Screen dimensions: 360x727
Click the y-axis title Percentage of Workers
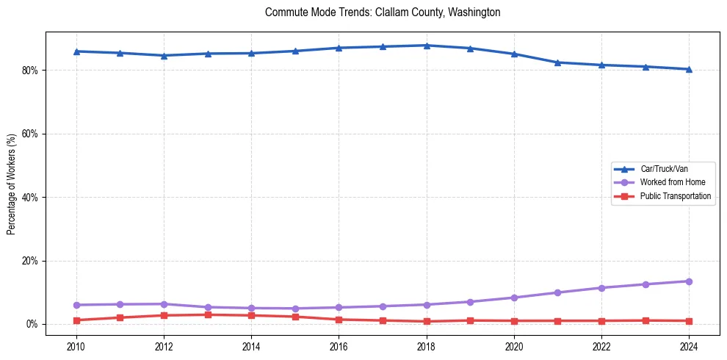[x=11, y=184]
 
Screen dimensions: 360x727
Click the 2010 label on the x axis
[x=76, y=346]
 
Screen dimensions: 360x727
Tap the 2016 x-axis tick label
[x=339, y=346]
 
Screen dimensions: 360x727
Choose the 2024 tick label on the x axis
[x=689, y=346]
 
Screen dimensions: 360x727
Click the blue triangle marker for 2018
[x=427, y=46]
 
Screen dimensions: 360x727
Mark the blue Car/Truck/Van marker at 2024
[x=689, y=69]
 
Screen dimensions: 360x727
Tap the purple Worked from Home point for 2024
[x=689, y=281]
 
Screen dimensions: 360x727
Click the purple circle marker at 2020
[x=514, y=298]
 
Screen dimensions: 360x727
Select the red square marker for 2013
[x=208, y=314]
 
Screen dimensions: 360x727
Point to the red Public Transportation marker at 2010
[x=76, y=320]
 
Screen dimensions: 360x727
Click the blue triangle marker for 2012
[x=164, y=55]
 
